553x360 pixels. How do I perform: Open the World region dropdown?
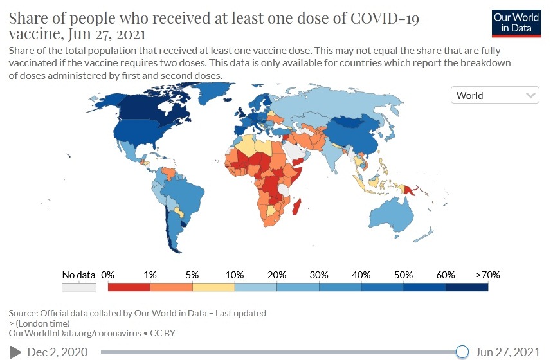coord(494,95)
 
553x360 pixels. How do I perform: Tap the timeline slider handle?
coord(462,351)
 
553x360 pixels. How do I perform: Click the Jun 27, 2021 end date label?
coord(508,352)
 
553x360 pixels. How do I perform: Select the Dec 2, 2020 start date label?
coord(57,352)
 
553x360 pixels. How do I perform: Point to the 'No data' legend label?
coord(78,274)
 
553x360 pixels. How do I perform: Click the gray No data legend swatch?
coord(78,287)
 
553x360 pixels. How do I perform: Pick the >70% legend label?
coord(487,274)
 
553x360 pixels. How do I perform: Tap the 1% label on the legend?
coord(150,274)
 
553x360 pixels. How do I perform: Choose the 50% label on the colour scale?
coord(403,274)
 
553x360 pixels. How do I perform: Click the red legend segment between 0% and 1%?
coord(129,287)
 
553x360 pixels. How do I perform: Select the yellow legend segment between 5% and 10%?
coord(213,287)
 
